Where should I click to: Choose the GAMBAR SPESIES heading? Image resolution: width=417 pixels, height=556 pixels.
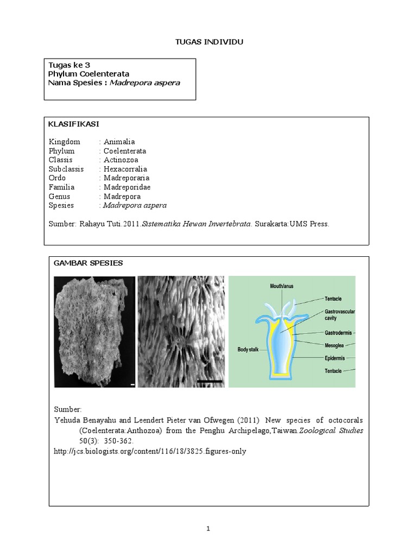click(88, 263)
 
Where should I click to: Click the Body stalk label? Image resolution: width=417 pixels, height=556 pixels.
click(250, 350)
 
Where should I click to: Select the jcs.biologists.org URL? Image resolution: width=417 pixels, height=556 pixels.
click(150, 451)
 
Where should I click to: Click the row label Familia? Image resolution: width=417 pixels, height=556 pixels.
click(62, 187)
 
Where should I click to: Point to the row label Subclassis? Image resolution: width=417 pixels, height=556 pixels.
click(66, 169)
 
